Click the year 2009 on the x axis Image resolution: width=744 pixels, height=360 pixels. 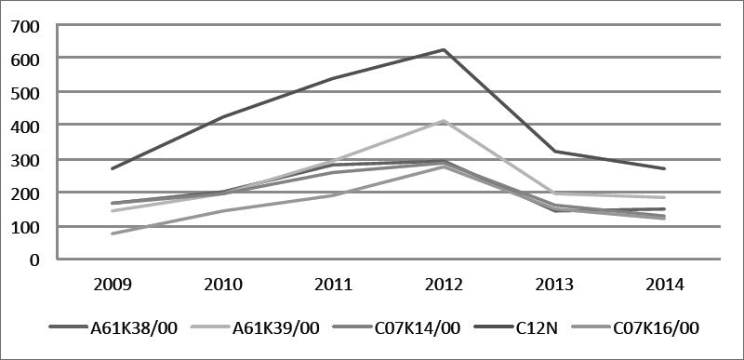[113, 284]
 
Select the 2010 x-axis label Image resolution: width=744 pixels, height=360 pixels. [223, 284]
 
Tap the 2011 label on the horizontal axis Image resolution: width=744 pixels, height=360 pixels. [334, 284]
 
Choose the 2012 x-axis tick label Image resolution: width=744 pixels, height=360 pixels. [445, 284]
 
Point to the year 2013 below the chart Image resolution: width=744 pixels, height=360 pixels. [555, 284]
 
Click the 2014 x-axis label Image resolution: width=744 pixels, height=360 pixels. [666, 284]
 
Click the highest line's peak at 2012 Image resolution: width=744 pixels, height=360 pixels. [445, 49]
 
